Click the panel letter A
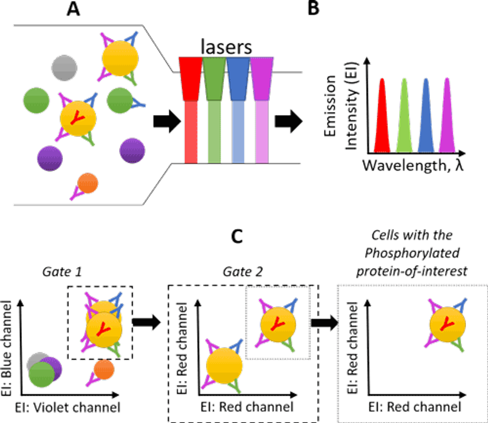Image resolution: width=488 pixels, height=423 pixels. tap(74, 8)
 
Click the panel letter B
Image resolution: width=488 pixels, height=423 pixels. tap(313, 8)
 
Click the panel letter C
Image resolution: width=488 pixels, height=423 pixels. tap(237, 236)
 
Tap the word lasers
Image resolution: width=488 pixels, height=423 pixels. tap(226, 47)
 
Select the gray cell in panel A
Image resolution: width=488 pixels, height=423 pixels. tap(64, 68)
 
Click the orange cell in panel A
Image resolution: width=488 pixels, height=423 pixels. tap(88, 183)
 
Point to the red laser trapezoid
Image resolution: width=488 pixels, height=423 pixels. tap(190, 79)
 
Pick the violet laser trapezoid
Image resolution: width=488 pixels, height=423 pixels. tap(262, 79)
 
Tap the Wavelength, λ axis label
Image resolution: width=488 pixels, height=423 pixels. tap(413, 165)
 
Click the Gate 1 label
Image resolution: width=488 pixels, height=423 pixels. tap(62, 271)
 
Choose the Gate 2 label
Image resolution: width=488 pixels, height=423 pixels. tap(243, 271)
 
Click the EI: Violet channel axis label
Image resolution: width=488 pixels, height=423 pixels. tap(67, 407)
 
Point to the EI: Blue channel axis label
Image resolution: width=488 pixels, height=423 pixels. tap(6, 348)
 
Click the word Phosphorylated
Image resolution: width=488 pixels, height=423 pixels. tap(412, 253)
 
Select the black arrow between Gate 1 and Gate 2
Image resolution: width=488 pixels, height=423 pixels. tap(146, 322)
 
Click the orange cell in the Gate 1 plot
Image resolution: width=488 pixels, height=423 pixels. tap(104, 369)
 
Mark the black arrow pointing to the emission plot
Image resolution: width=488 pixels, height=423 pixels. tap(288, 121)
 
